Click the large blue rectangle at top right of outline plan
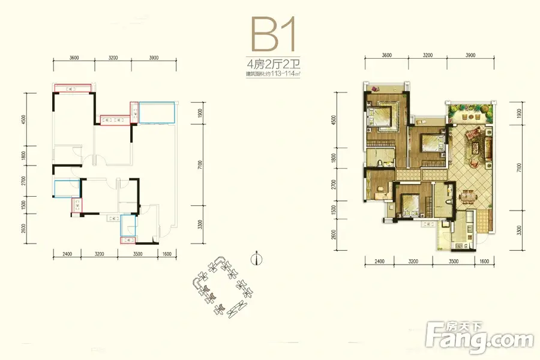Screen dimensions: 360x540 tap(157, 113)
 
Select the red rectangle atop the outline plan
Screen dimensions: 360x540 tap(73, 88)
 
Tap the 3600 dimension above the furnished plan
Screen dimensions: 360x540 tap(386, 55)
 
